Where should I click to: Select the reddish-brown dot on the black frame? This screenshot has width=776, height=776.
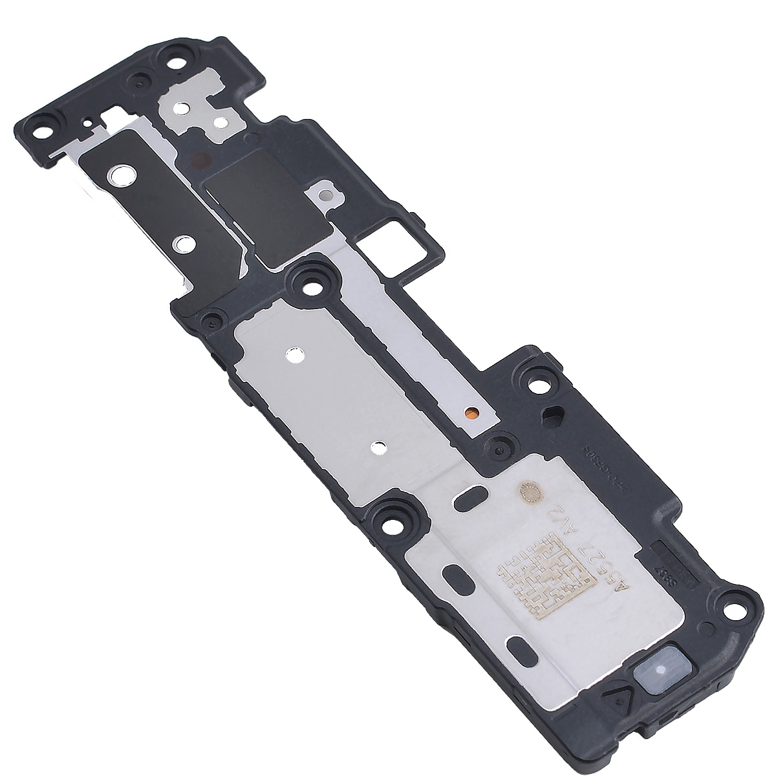tap(199, 158)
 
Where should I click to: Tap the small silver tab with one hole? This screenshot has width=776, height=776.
tap(323, 193)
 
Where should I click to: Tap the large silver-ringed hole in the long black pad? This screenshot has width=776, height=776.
tap(120, 175)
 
